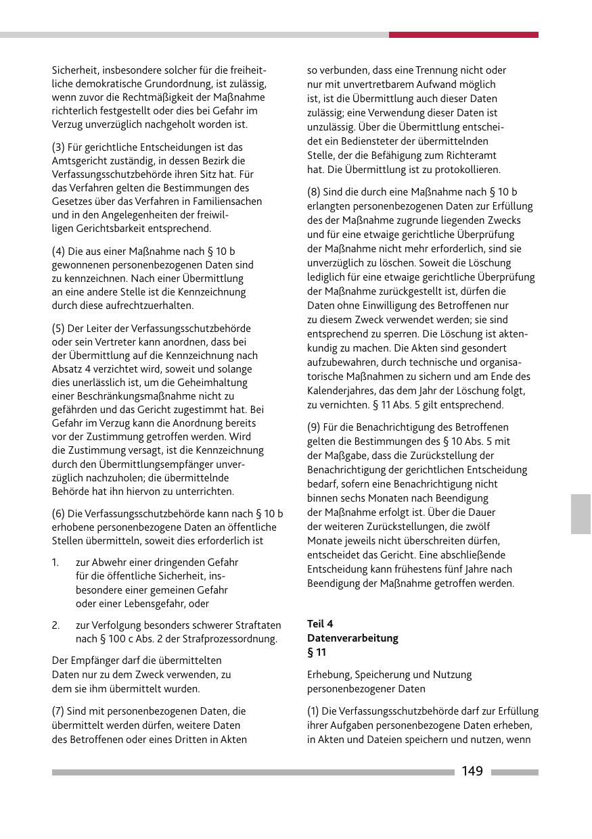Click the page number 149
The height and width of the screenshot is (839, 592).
click(472, 771)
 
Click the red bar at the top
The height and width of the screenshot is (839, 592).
click(463, 34)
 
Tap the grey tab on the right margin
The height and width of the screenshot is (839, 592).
click(580, 514)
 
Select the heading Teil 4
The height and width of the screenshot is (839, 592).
click(320, 624)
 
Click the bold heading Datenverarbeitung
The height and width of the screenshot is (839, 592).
click(352, 638)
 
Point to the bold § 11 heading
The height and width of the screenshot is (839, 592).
click(317, 652)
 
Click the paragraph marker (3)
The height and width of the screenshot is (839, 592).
click(58, 147)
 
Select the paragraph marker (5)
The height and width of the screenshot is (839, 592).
click(58, 328)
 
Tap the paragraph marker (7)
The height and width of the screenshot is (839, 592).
click(58, 711)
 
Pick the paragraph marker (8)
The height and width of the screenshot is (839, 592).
click(313, 192)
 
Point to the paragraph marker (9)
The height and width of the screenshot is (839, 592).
click(313, 427)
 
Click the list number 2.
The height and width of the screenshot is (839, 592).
click(55, 625)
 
